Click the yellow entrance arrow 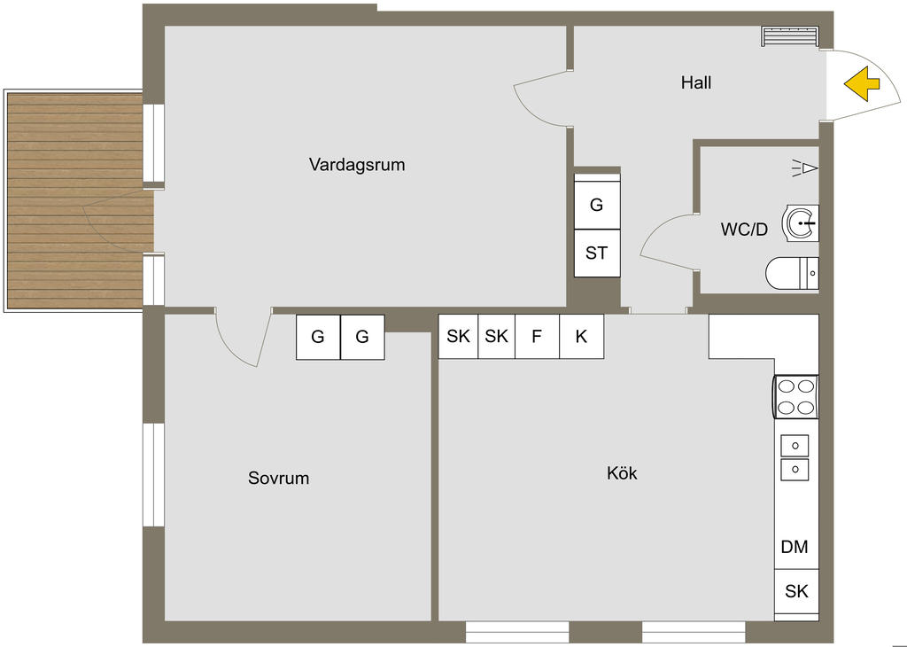pyautogui.click(x=861, y=85)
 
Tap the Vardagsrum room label pyautogui.click(x=357, y=164)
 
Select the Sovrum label pyautogui.click(x=278, y=479)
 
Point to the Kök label pyautogui.click(x=622, y=473)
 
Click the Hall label pyautogui.click(x=696, y=83)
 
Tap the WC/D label pyautogui.click(x=744, y=229)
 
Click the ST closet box pyautogui.click(x=597, y=253)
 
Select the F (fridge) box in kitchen pyautogui.click(x=537, y=337)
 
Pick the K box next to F pyautogui.click(x=581, y=337)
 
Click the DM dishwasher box pyautogui.click(x=795, y=547)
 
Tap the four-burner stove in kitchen pyautogui.click(x=795, y=396)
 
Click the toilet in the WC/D pyautogui.click(x=791, y=274)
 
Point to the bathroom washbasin pyautogui.click(x=801, y=223)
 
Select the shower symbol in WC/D pyautogui.click(x=805, y=167)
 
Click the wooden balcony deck pyautogui.click(x=75, y=202)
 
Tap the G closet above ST pyautogui.click(x=597, y=205)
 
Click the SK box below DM pyautogui.click(x=796, y=591)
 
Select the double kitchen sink pyautogui.click(x=795, y=456)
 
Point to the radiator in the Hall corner pyautogui.click(x=790, y=36)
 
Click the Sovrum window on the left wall pyautogui.click(x=154, y=474)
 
